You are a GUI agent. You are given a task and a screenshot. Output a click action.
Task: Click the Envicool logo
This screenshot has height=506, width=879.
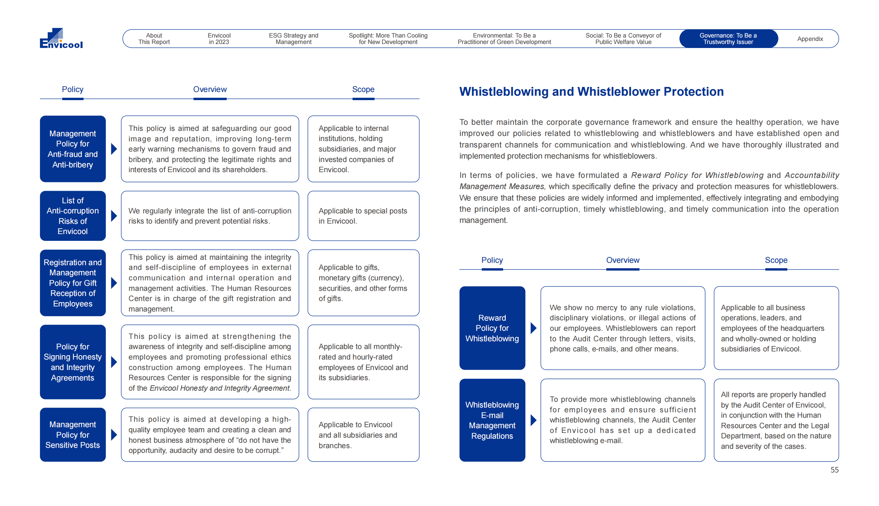click(61, 38)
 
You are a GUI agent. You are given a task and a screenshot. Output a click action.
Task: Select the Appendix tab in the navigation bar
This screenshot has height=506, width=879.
click(810, 39)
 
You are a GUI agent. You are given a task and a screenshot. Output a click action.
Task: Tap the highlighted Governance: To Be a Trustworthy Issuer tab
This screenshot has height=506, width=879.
click(728, 39)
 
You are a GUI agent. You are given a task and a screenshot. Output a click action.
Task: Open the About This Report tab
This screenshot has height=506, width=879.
click(154, 39)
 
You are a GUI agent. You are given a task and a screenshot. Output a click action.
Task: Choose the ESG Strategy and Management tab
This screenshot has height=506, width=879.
click(293, 39)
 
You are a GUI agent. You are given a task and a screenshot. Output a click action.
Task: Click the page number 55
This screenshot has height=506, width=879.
click(834, 470)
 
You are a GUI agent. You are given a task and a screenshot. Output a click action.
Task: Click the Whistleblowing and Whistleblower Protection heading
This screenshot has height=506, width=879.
click(591, 91)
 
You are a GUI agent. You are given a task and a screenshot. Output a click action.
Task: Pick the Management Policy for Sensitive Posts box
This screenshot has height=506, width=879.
click(73, 434)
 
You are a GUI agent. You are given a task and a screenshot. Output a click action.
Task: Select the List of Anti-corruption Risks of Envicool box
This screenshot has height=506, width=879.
click(73, 216)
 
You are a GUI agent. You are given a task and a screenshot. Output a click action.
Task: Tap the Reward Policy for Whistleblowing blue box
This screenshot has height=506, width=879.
click(492, 328)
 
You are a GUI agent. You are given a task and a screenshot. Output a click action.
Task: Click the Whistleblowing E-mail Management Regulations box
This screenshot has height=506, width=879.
click(492, 420)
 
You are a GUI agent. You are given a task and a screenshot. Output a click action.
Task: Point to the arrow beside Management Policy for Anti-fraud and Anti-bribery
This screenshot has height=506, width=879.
click(114, 149)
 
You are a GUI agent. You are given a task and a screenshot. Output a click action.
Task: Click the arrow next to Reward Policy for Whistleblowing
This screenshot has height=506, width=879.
click(533, 328)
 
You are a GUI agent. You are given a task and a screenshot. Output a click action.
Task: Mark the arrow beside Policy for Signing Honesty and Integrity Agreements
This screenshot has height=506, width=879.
click(114, 362)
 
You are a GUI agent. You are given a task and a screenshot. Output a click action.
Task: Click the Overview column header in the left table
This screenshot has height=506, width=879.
click(209, 89)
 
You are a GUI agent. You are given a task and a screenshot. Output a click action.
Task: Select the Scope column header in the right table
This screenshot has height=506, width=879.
click(776, 260)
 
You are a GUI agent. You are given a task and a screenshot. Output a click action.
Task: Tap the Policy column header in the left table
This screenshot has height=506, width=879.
click(72, 89)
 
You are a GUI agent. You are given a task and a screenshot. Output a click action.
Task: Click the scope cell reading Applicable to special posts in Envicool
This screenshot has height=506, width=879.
click(363, 216)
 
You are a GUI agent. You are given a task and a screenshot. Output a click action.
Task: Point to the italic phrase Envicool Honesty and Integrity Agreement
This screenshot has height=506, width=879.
click(219, 388)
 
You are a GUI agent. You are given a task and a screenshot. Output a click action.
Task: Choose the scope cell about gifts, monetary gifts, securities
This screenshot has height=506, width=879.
click(363, 282)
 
